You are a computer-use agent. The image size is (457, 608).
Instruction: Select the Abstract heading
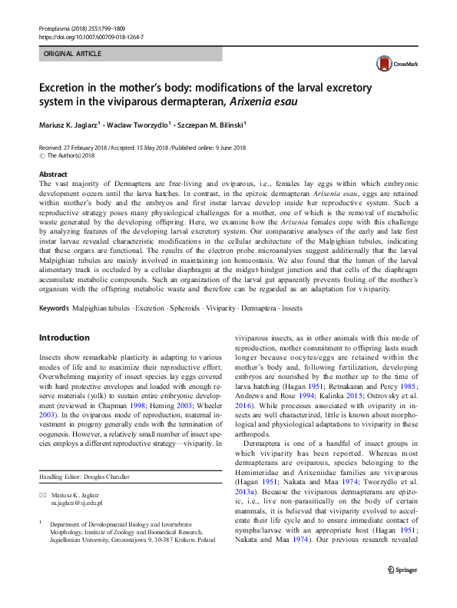point(53,174)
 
